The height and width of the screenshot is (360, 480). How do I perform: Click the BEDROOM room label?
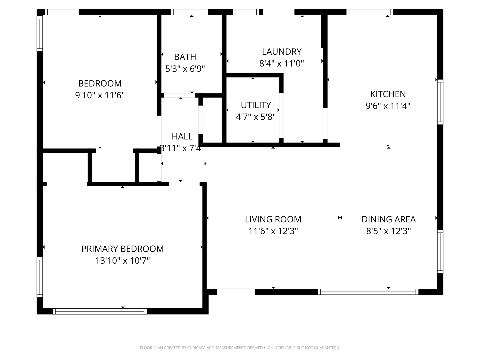tap(100, 83)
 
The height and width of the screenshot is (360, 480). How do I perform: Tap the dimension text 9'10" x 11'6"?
tap(100, 95)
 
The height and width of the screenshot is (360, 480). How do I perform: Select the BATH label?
tap(185, 57)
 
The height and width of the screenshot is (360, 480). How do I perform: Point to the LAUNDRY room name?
tap(282, 52)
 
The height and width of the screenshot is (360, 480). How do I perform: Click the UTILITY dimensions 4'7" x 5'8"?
tap(256, 117)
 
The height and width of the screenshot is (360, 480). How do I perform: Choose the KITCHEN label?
tap(388, 94)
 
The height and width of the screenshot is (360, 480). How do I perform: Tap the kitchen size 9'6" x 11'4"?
tap(388, 106)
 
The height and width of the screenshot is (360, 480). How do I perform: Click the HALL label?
tap(182, 137)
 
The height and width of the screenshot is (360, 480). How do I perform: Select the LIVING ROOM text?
tap(273, 219)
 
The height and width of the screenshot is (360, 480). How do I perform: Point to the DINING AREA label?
tap(389, 219)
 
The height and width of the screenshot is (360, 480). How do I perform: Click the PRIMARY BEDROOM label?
tap(122, 249)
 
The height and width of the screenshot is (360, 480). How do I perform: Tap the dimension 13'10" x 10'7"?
tap(122, 261)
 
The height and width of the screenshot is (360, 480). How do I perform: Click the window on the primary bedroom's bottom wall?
tap(100, 311)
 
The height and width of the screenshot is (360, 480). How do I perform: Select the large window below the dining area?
tap(368, 292)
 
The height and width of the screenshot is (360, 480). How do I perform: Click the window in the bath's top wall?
tap(189, 12)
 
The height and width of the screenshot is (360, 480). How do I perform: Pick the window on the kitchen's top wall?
tap(370, 12)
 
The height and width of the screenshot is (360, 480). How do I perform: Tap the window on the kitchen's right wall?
tap(440, 102)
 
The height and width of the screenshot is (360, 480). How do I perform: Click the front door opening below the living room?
tap(236, 292)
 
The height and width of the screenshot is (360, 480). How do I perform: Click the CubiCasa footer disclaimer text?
tap(240, 348)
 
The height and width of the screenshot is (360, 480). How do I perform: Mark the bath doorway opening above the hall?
tap(179, 96)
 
